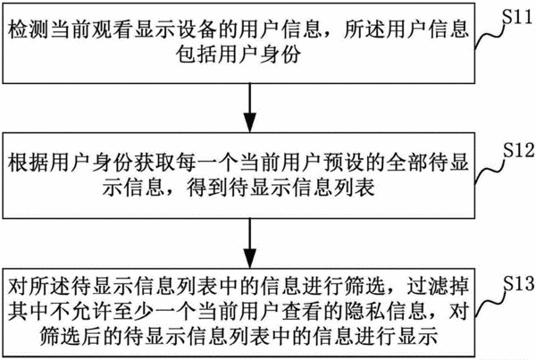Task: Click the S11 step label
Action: [x=517, y=17]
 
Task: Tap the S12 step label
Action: [x=518, y=150]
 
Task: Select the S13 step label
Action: [x=518, y=283]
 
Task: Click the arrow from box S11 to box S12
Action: [x=250, y=108]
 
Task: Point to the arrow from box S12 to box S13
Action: [x=250, y=243]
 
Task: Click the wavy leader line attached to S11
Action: [x=490, y=35]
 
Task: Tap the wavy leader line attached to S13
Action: [x=490, y=302]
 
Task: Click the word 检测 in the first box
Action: [x=29, y=29]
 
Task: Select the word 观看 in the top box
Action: [x=113, y=29]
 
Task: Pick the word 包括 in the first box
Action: [x=197, y=54]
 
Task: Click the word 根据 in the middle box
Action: [x=29, y=163]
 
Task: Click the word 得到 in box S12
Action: [x=207, y=188]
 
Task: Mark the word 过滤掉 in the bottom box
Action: [x=439, y=287]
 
